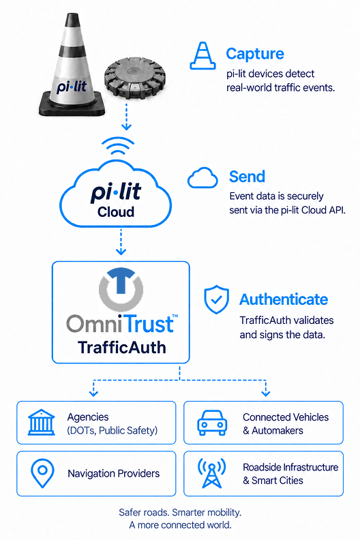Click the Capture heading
tap(255, 54)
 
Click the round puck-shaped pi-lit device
tap(135, 78)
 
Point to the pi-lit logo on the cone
tap(72, 87)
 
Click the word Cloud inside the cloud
tap(116, 212)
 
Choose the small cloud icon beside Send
tap(202, 178)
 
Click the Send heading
tap(247, 177)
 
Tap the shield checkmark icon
tap(216, 299)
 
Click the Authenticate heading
tap(284, 299)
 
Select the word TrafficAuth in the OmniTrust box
tap(122, 347)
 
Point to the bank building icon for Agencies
tap(42, 422)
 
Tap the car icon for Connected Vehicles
tap(212, 423)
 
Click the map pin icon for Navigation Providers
tap(42, 473)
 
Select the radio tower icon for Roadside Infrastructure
tap(212, 473)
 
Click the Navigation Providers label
tap(114, 474)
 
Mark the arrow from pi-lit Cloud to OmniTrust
tap(121, 241)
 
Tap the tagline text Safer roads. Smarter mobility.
tap(180, 513)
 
